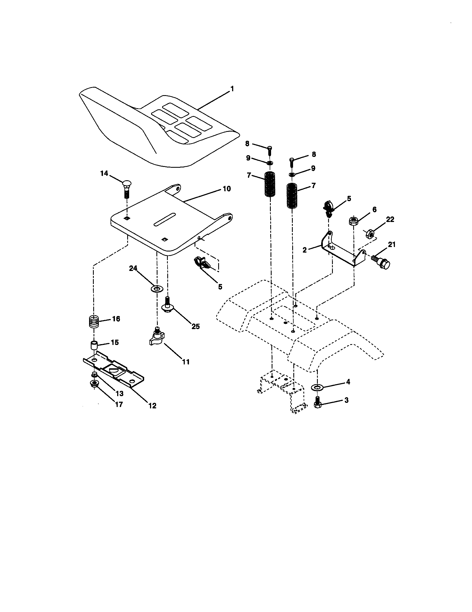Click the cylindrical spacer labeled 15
(94, 345)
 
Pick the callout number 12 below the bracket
(152, 406)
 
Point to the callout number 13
(119, 393)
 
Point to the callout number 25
(195, 327)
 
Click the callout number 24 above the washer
(133, 268)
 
